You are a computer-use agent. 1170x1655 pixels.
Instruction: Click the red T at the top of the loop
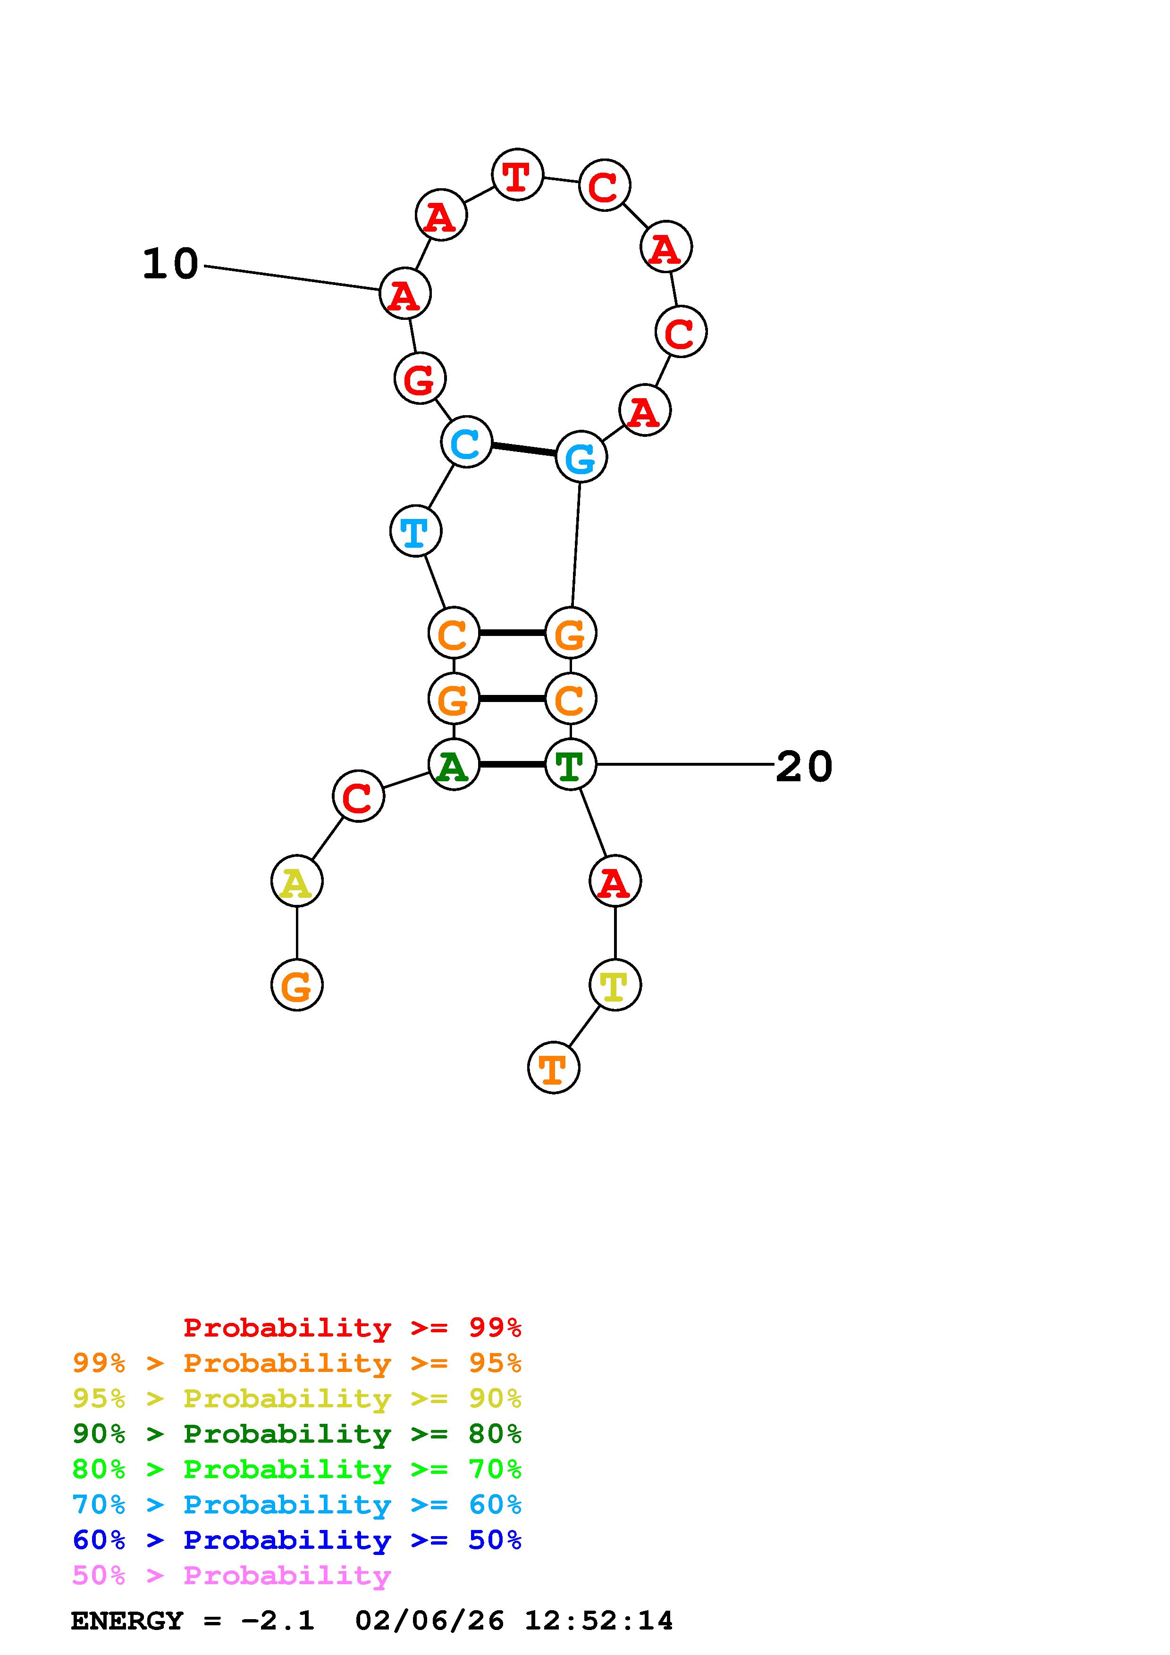(x=517, y=175)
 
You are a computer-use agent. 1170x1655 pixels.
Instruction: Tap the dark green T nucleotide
(x=570, y=764)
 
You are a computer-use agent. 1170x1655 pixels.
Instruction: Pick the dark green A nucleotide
(x=454, y=764)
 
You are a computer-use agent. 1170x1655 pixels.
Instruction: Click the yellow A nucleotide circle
(x=297, y=881)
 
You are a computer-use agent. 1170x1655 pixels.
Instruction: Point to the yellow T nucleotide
(x=615, y=985)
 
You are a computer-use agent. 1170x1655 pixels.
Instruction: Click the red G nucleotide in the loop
(x=420, y=378)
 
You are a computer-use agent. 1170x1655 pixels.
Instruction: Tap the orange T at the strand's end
(x=554, y=1068)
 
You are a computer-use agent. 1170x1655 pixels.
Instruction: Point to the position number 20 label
(x=804, y=766)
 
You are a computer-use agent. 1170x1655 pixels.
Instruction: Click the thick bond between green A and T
(x=512, y=764)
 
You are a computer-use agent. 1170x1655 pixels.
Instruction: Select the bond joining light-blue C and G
(x=524, y=450)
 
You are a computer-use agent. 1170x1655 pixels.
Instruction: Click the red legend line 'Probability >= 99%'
(x=352, y=1328)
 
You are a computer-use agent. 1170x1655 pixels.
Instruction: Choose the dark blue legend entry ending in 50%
(x=297, y=1540)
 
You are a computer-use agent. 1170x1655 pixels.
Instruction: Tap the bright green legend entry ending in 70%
(x=297, y=1469)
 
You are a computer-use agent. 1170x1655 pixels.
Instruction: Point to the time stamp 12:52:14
(x=598, y=1621)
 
